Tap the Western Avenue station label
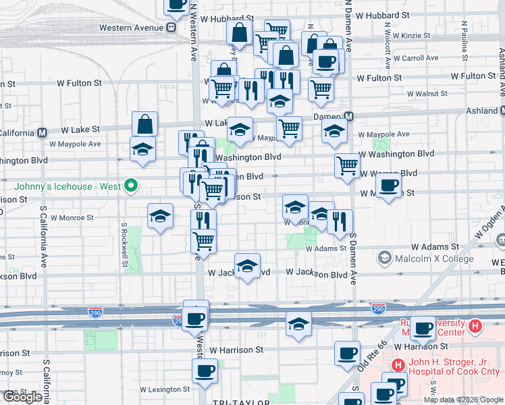tap(131, 28)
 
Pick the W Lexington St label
tap(165, 389)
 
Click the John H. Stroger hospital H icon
tap(398, 365)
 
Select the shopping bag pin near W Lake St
tap(144, 124)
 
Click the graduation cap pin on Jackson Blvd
tap(248, 267)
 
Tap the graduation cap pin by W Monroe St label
tap(160, 216)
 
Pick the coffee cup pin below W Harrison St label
tap(348, 353)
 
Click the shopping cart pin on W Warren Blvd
tap(347, 164)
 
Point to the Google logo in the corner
tap(22, 398)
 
